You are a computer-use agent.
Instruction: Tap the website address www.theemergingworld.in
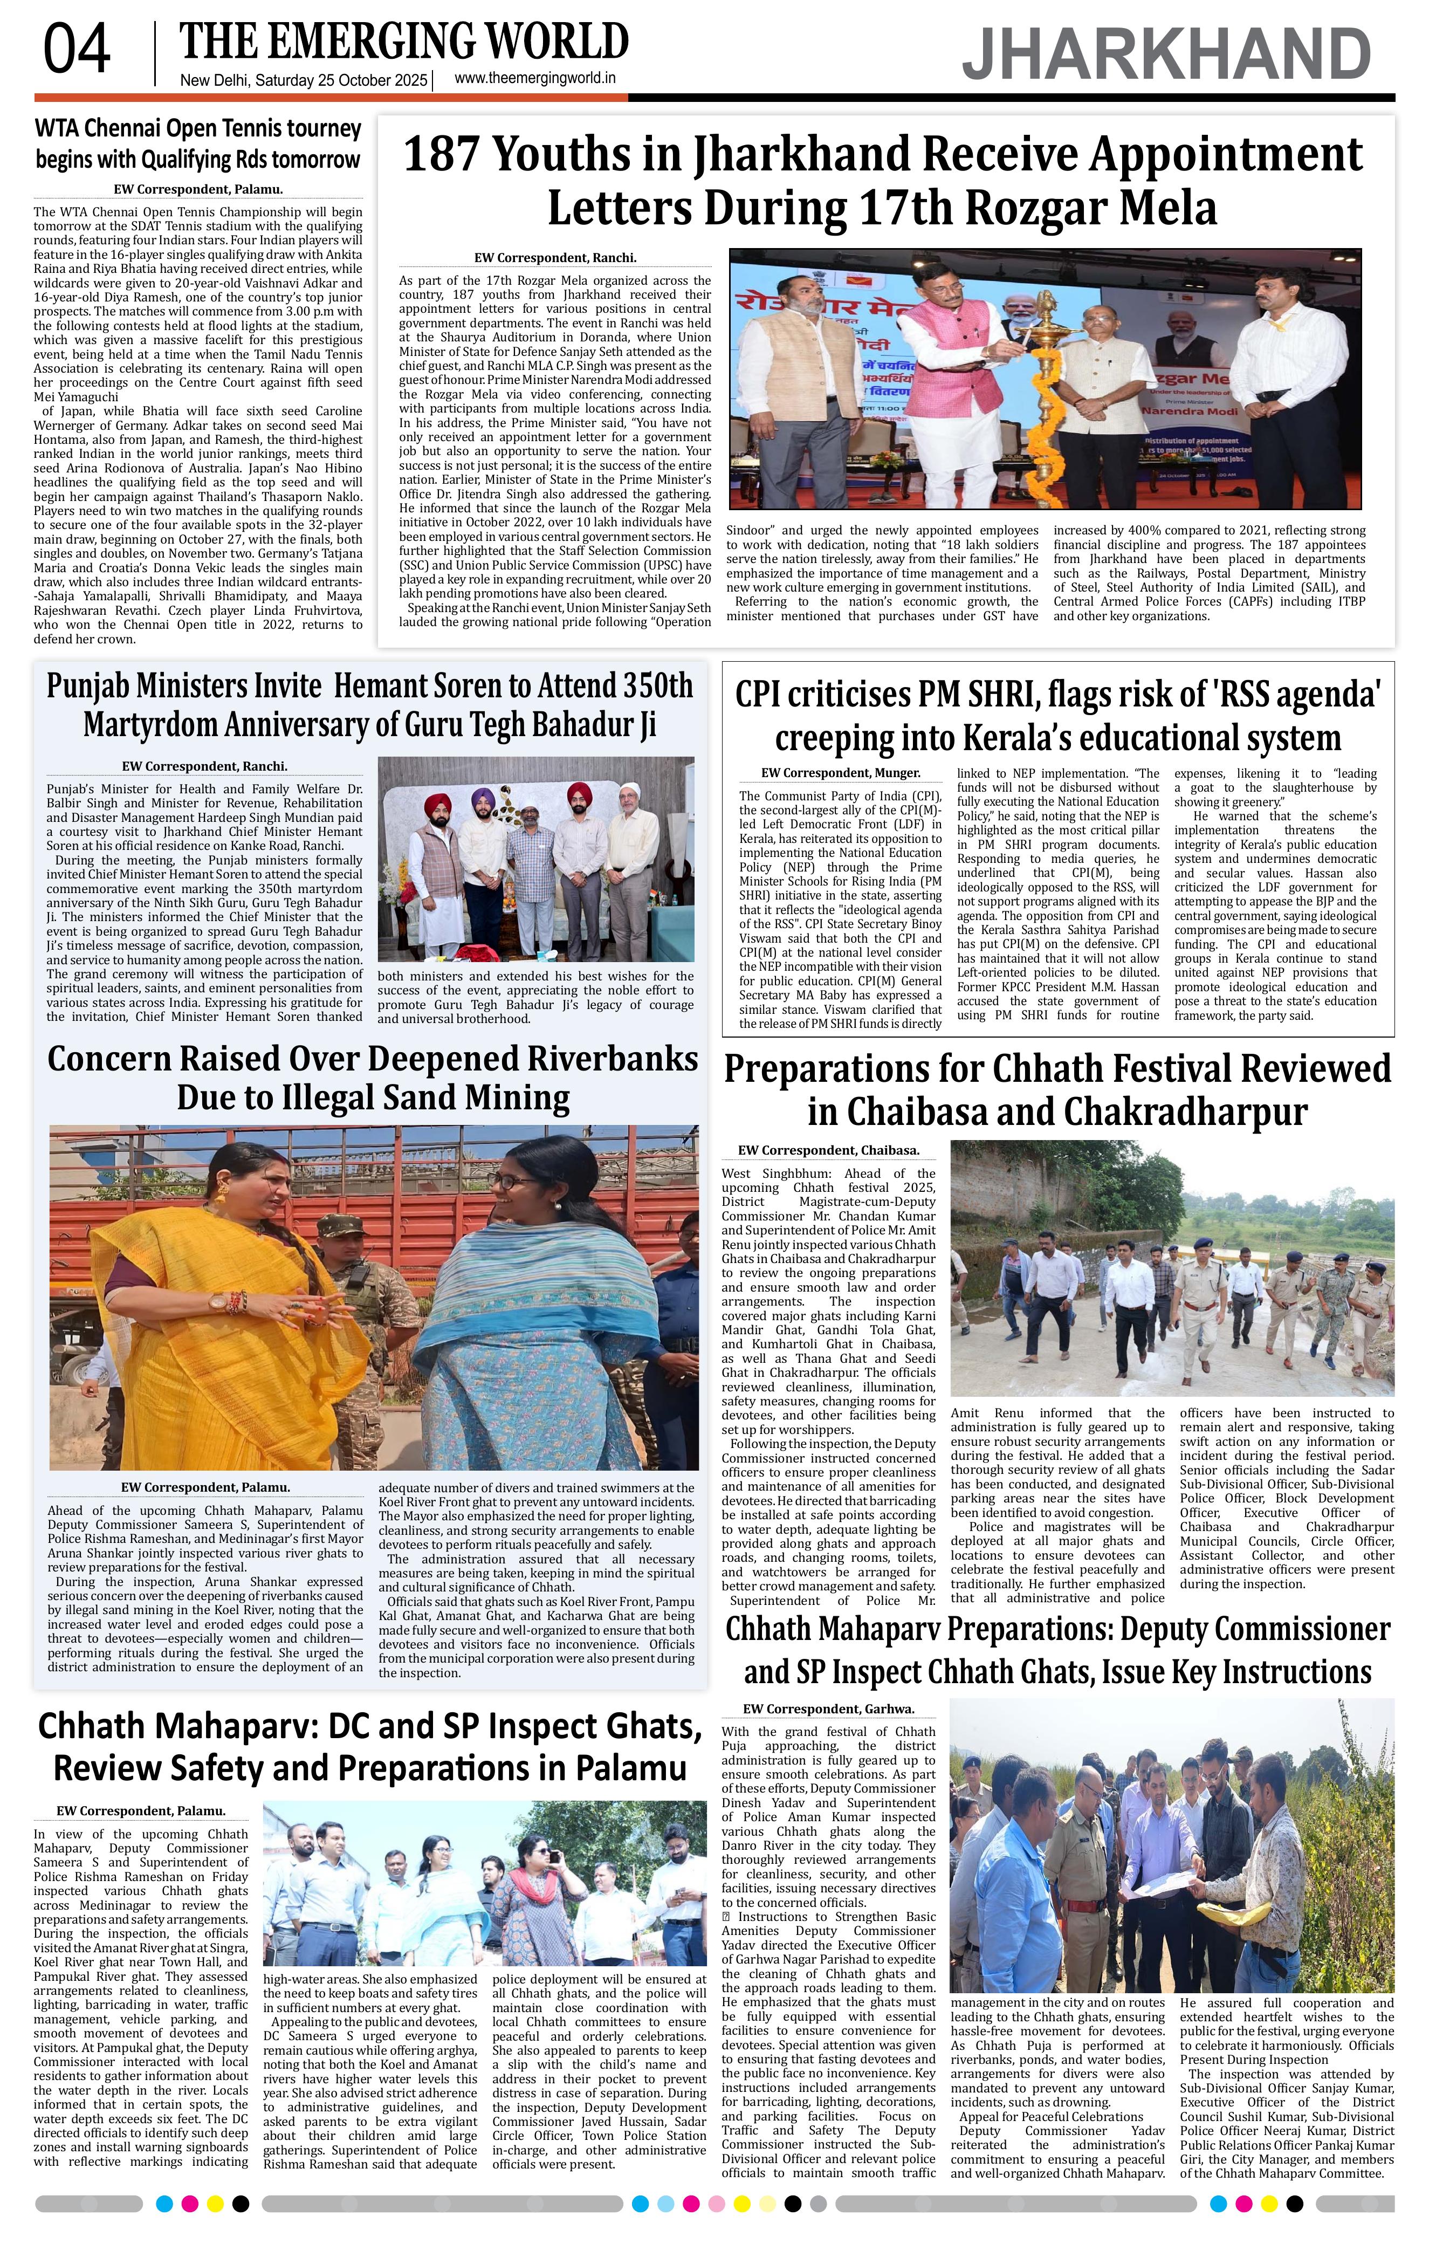(x=534, y=79)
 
